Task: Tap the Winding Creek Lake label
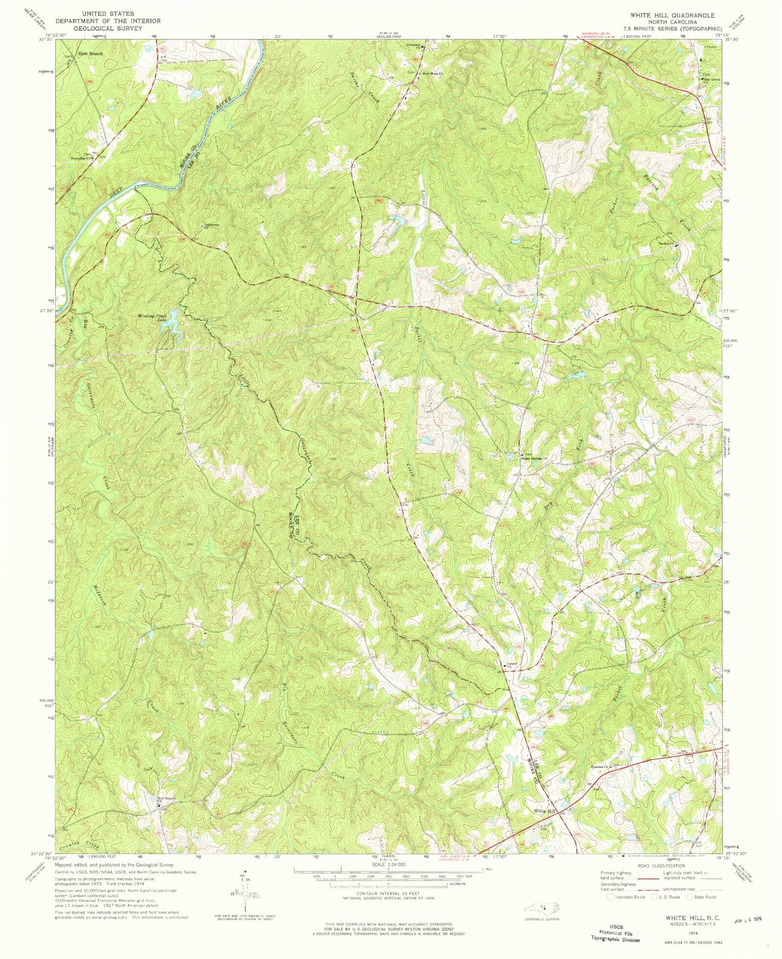154,318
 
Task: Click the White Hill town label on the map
545,811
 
